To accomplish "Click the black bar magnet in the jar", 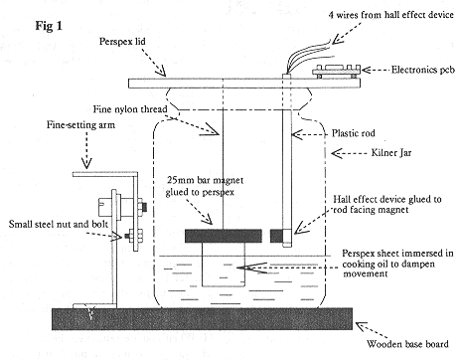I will point(219,237).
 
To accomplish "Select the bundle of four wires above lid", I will point(298,50).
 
